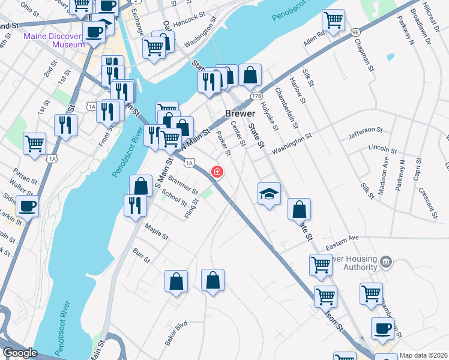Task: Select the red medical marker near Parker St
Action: click(217, 173)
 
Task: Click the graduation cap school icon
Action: click(270, 193)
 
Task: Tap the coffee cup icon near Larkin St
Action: click(26, 207)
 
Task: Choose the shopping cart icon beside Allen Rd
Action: click(333, 20)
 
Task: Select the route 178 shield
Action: click(257, 96)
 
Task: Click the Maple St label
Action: click(157, 231)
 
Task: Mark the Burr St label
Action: click(142, 255)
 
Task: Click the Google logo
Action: click(19, 353)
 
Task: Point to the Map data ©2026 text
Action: click(423, 355)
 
